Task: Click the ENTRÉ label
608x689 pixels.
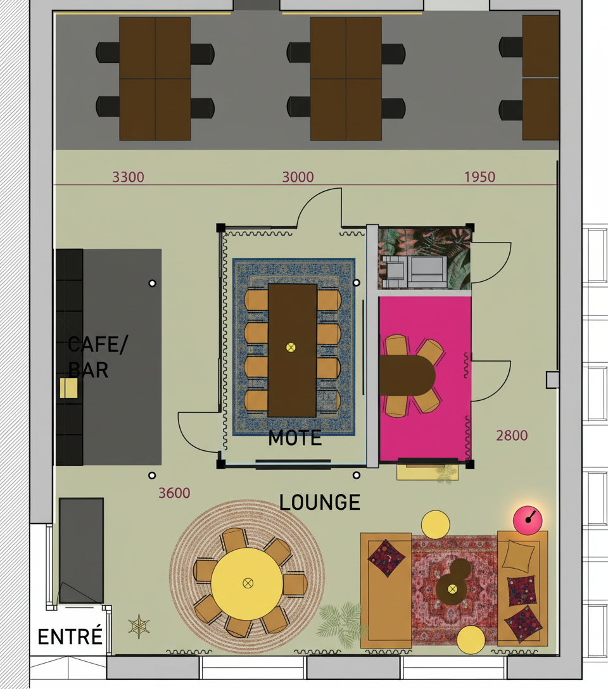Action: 70,636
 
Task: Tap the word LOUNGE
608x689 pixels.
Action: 320,502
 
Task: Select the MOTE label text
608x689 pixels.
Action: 294,438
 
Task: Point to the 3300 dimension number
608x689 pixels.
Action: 129,177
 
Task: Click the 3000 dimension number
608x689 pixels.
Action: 298,177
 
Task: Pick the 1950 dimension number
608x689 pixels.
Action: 479,177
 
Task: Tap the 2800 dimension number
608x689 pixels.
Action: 512,436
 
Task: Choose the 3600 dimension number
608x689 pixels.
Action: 174,493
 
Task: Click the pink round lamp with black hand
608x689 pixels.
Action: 528,521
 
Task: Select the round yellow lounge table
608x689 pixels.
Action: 248,583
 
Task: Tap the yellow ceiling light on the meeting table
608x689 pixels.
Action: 291,348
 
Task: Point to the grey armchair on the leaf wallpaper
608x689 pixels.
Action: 415,272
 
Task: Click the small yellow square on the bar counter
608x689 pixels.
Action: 69,388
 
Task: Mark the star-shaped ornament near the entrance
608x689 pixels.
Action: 139,626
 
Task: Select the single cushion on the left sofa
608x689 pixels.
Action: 386,558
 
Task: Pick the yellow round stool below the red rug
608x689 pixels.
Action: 471,640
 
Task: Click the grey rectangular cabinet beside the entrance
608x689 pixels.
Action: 81,550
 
